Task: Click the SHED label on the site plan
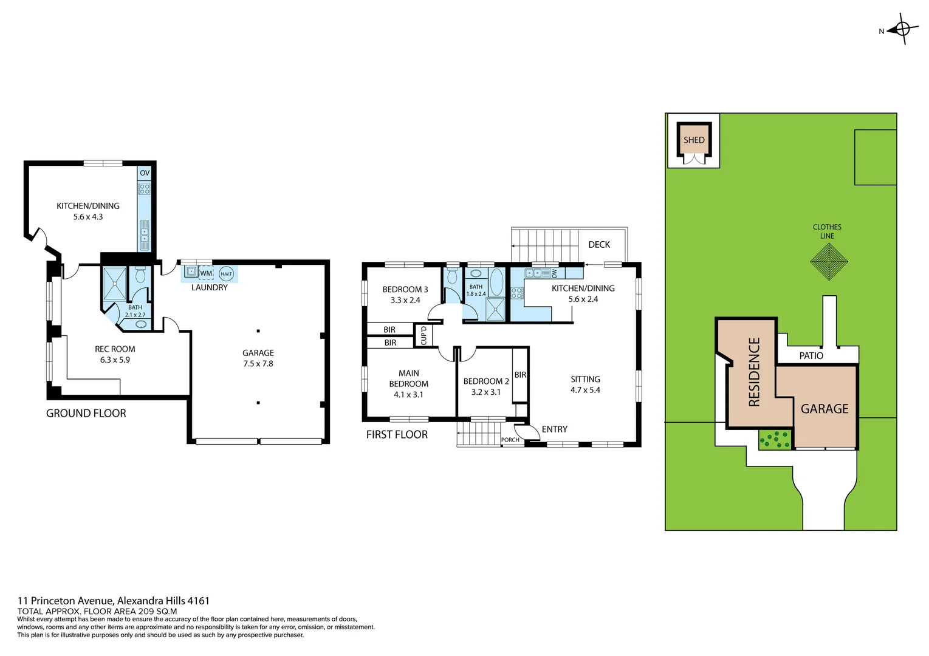(694, 140)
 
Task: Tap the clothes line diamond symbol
(828, 262)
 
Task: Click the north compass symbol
(902, 29)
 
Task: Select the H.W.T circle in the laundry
(226, 274)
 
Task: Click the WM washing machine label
(206, 274)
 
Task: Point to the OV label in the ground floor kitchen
(145, 173)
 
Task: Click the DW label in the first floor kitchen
(554, 273)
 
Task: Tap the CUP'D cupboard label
(423, 335)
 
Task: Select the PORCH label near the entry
(510, 440)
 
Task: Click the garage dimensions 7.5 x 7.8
(258, 364)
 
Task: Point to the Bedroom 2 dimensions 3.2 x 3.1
(486, 392)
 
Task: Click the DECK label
(599, 244)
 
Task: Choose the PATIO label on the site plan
(811, 355)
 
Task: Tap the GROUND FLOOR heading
(86, 413)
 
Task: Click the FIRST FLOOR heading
(397, 434)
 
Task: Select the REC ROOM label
(115, 349)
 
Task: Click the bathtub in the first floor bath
(496, 282)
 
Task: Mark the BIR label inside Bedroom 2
(520, 375)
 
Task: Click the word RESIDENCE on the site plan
(754, 372)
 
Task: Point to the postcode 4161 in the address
(198, 601)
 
